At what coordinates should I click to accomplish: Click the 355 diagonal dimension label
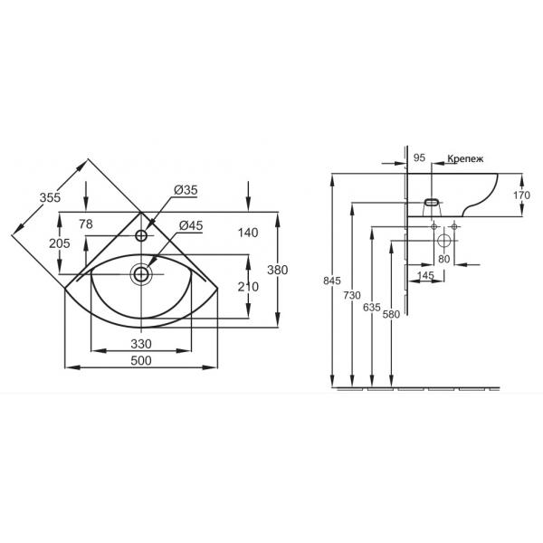tap(50, 197)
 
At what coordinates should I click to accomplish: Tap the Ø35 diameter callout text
tap(186, 190)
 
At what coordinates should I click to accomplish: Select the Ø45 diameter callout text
tap(191, 225)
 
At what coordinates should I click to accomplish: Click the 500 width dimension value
tap(141, 361)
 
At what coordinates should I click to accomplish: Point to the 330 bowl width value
tap(141, 344)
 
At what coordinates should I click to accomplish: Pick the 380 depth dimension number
tap(278, 270)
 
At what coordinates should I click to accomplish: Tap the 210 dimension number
tap(248, 287)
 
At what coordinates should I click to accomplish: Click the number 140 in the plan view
tap(248, 233)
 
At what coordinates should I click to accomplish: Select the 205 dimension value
tap(59, 243)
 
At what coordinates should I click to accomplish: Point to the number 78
tap(86, 224)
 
